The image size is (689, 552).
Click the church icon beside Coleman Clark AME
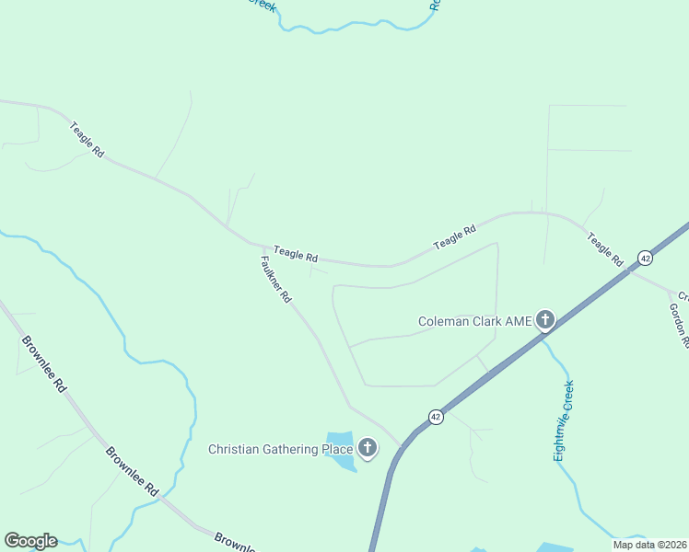pos(545,320)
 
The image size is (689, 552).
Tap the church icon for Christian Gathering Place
pos(368,449)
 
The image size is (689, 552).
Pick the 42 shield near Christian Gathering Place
pos(437,417)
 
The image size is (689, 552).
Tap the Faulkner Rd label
pos(275,280)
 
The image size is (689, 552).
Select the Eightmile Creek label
pos(564,420)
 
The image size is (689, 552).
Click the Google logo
pos(30,541)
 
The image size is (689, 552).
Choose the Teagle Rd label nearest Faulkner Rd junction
pos(295,254)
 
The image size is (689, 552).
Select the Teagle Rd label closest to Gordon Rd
pos(606,249)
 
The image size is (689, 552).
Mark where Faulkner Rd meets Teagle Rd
pos(251,243)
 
